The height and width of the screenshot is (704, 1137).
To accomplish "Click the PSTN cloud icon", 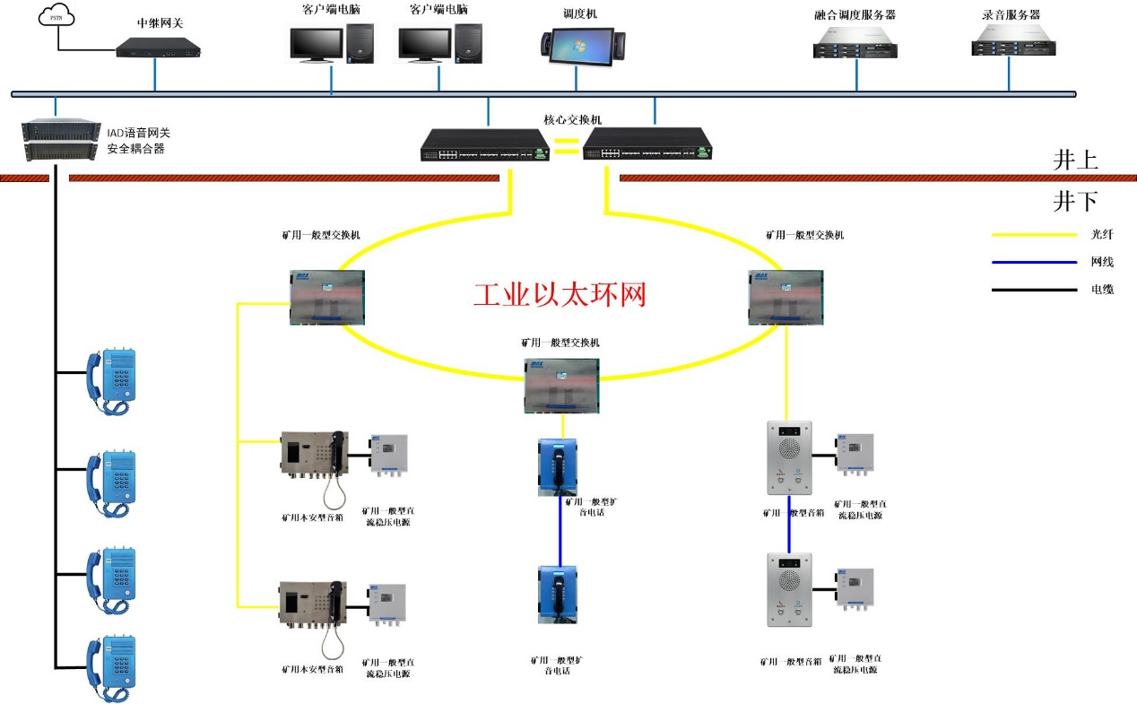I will (58, 17).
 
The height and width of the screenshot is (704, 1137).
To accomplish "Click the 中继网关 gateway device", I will (159, 47).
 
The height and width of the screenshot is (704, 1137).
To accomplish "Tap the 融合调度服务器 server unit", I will (855, 42).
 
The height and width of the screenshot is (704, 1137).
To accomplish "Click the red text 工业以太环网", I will (560, 294).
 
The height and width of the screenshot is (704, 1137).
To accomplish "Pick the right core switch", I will (648, 143).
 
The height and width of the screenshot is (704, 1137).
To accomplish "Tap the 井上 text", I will (1075, 161).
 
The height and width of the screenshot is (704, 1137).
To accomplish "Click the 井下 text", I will (1075, 202).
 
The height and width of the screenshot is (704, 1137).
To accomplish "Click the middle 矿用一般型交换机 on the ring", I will (561, 385).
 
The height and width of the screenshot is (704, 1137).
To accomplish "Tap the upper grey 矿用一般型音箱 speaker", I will (789, 457).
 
